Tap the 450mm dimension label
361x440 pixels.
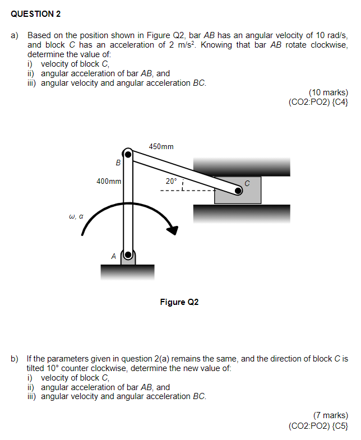(161, 146)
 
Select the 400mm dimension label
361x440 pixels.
(109, 181)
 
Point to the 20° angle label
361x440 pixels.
(170, 181)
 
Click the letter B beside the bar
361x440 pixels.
(118, 163)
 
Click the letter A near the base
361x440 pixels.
(113, 256)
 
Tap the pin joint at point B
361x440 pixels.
(128, 154)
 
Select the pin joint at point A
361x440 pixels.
(128, 256)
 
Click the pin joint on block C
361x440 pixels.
(238, 191)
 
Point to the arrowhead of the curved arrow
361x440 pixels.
(173, 230)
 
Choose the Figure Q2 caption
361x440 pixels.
(179, 302)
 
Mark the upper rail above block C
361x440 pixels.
(242, 166)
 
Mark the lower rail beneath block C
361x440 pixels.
(242, 213)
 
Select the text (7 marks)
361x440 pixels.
(331, 415)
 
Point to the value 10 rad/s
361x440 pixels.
(328, 35)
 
